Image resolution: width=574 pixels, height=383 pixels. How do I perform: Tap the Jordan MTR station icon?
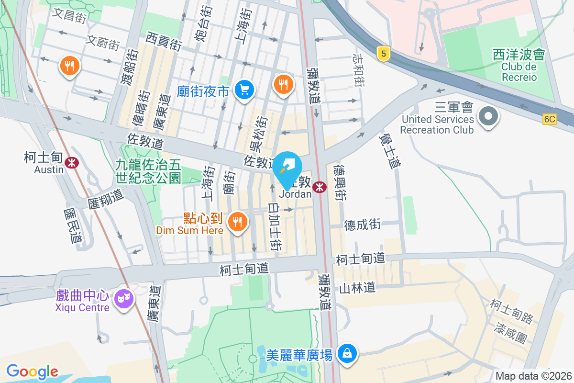click(x=319, y=188)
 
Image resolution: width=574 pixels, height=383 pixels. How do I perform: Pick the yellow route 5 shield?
click(x=382, y=54)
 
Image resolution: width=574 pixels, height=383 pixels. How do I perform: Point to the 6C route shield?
click(x=550, y=119)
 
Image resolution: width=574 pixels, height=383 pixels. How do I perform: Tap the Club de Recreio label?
click(x=519, y=72)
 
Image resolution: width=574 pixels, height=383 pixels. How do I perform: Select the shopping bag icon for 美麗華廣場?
click(x=347, y=354)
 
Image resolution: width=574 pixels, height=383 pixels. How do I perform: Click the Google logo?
click(x=33, y=372)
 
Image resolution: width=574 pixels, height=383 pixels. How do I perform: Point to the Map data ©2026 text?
click(x=533, y=376)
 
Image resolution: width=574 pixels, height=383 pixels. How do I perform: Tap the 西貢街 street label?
click(x=164, y=41)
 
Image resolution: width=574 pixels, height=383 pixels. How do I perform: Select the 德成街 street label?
click(x=363, y=224)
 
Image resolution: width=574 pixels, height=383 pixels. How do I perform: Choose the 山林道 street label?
click(x=357, y=288)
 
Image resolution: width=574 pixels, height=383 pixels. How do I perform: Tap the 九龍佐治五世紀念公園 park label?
click(x=148, y=171)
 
